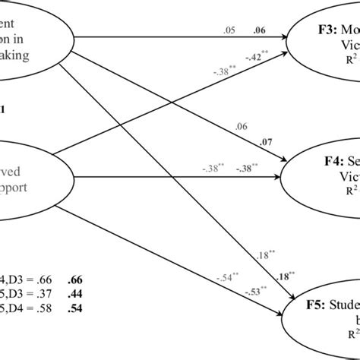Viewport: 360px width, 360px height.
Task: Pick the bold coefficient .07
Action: [x=265, y=142]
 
